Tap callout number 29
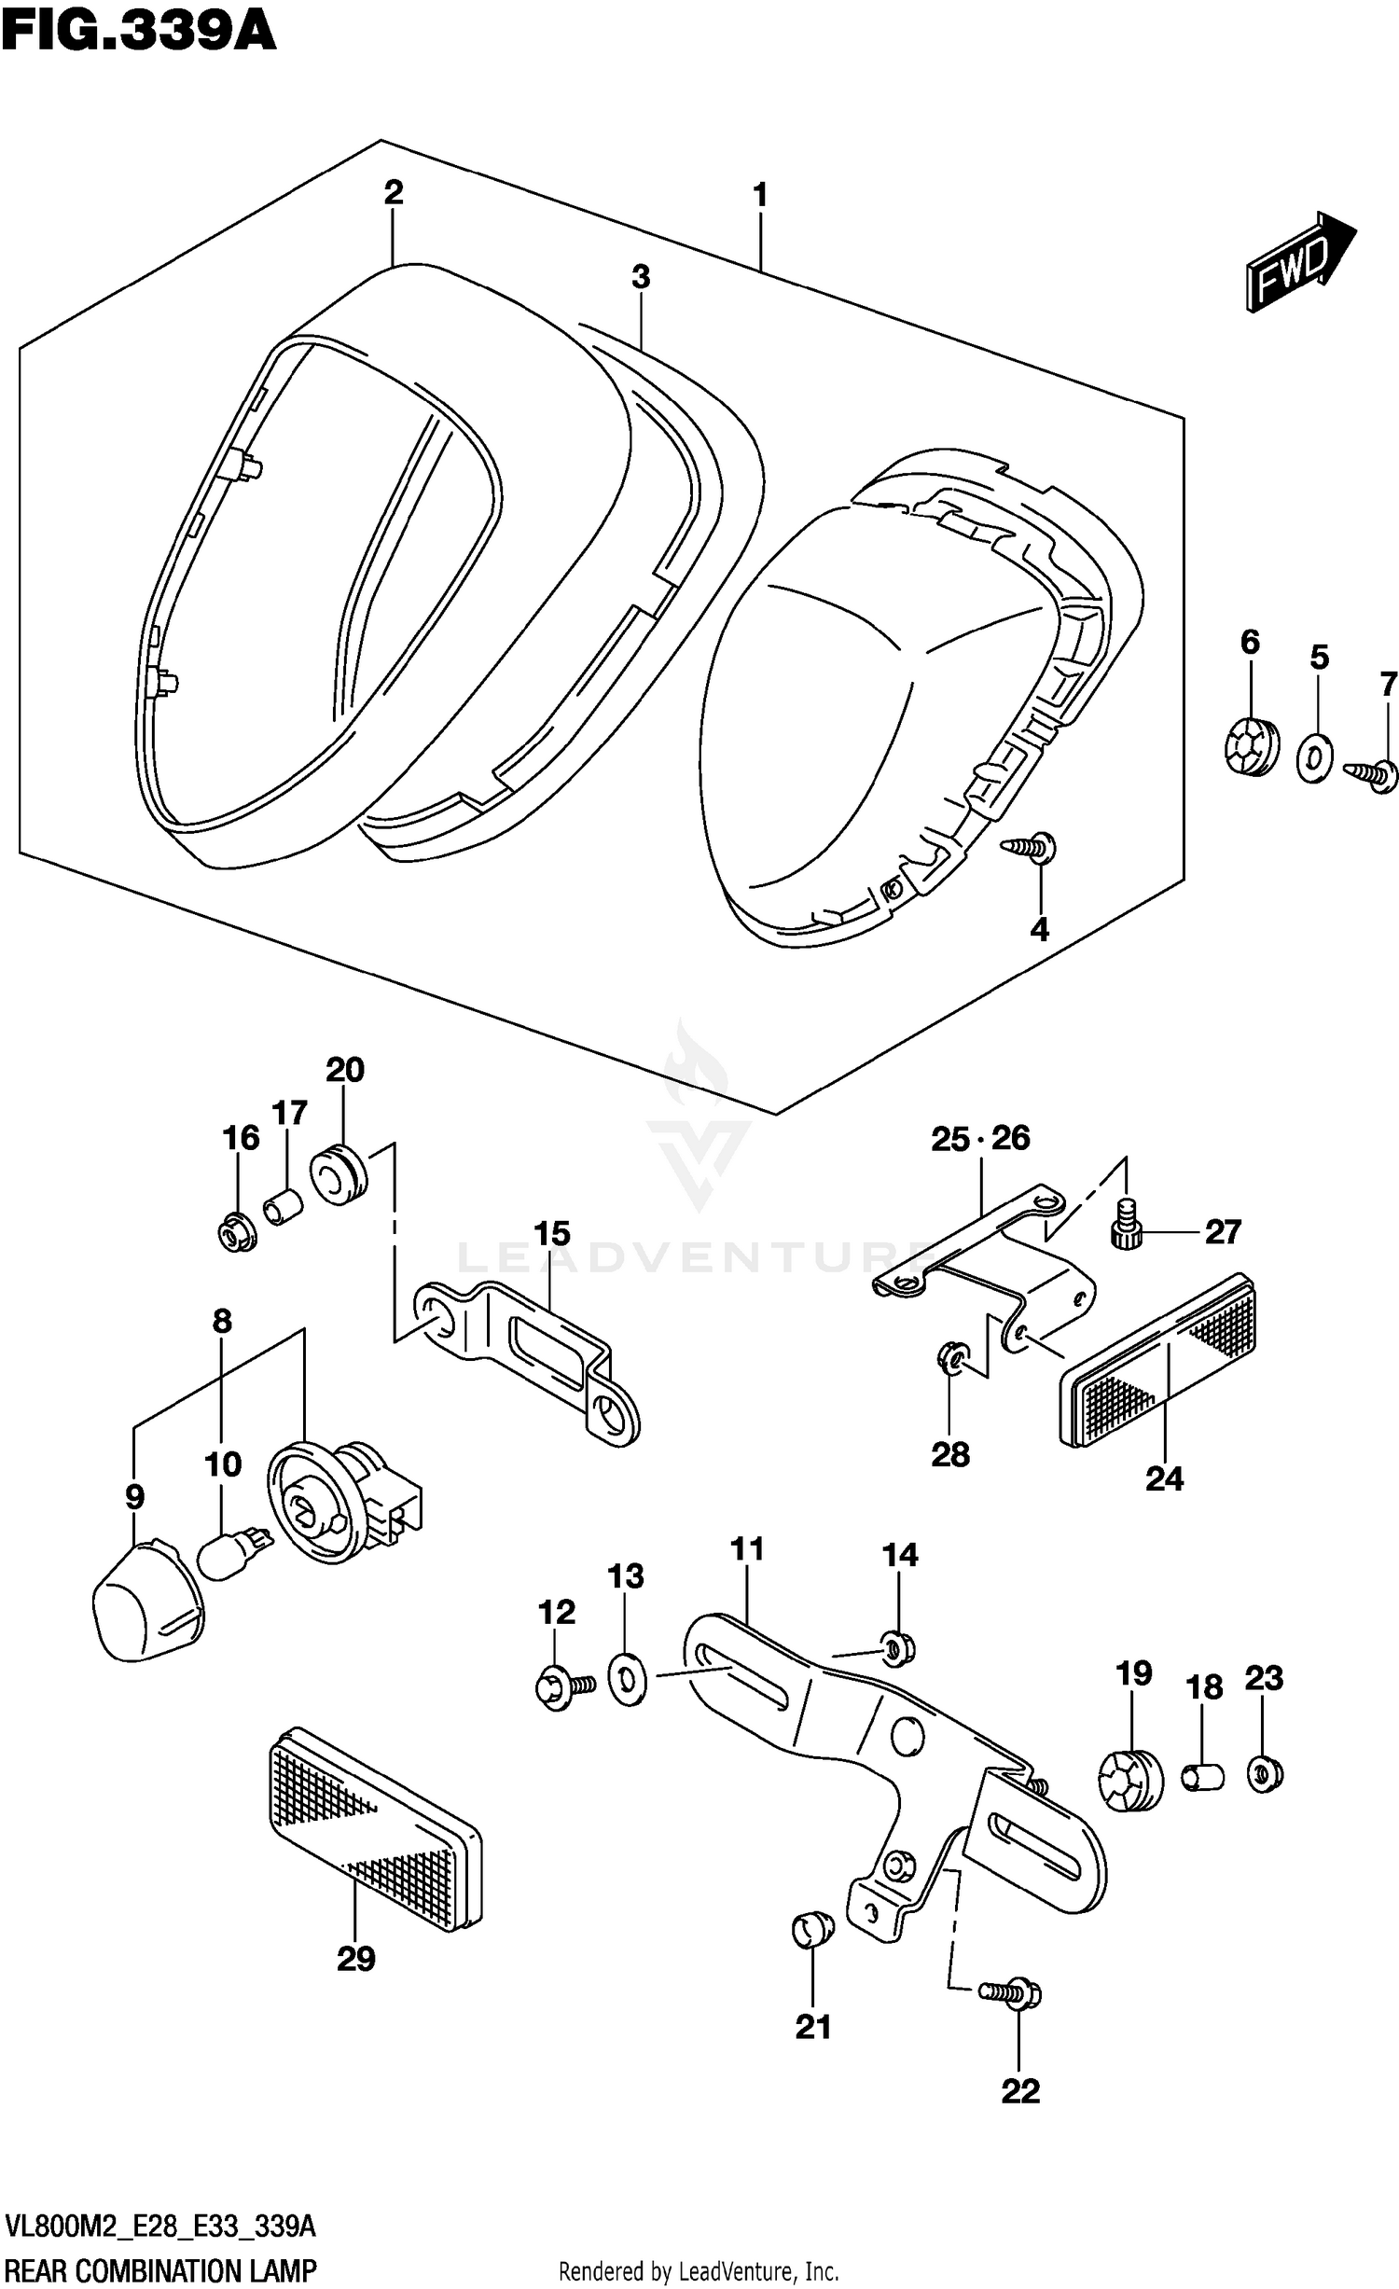pos(355,1959)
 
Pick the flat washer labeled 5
pos(1314,758)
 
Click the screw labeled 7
pos(1371,773)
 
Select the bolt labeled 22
pos(1011,1994)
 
